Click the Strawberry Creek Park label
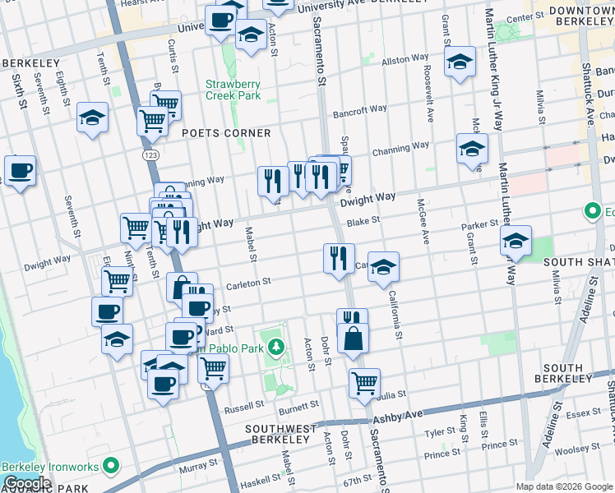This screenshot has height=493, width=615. pyautogui.click(x=233, y=90)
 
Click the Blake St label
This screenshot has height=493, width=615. pyautogui.click(x=362, y=220)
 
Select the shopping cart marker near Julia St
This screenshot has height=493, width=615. pyautogui.click(x=364, y=383)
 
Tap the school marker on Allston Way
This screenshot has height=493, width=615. pyautogui.click(x=460, y=62)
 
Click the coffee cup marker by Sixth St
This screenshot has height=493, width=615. pyautogui.click(x=20, y=171)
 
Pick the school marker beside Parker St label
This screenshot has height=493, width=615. pyautogui.click(x=516, y=241)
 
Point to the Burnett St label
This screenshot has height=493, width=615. pyautogui.click(x=298, y=406)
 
